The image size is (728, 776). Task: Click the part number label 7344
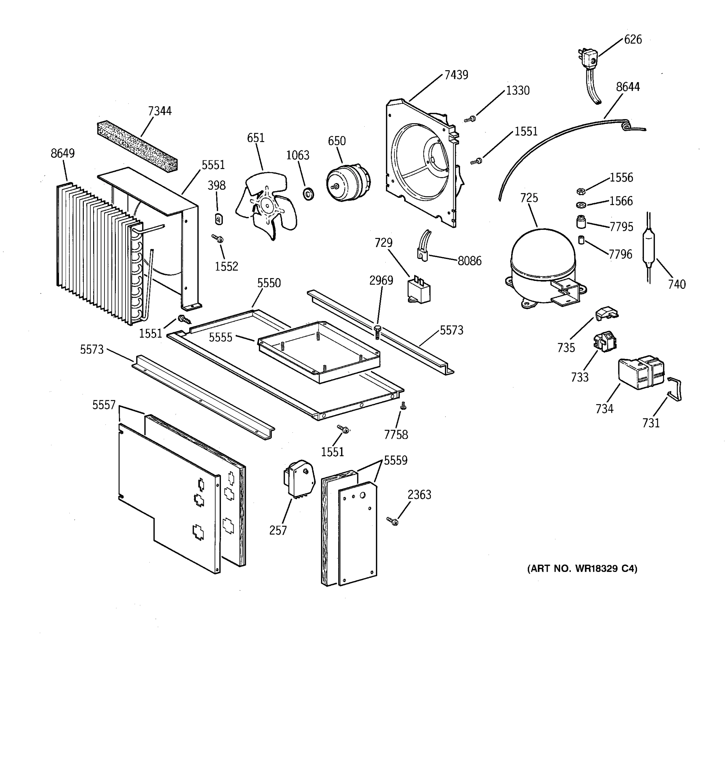point(160,111)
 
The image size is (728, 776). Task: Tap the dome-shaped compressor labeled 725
point(543,265)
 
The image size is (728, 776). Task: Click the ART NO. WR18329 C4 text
point(582,569)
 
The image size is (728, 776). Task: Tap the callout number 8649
point(62,153)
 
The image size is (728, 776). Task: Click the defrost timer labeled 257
point(299,478)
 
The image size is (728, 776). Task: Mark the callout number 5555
point(220,337)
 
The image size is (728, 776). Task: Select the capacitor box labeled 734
point(641,373)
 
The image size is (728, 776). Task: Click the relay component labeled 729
point(419,290)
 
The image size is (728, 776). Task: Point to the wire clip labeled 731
point(675,389)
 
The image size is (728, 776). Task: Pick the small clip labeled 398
point(219,219)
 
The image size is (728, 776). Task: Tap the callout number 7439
point(456,75)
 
